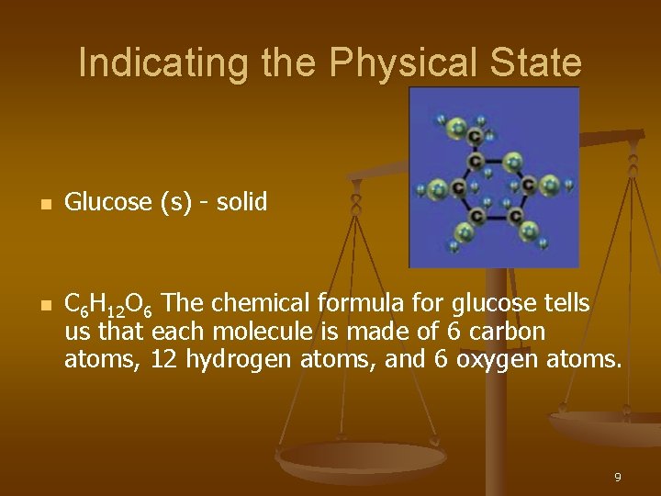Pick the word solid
pos(241,202)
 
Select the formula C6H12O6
pos(115,305)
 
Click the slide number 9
pos(618,478)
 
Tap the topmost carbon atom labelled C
pos(474,135)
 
